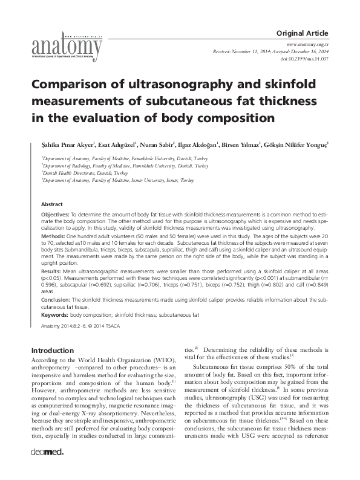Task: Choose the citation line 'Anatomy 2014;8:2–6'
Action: tap(61, 326)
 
